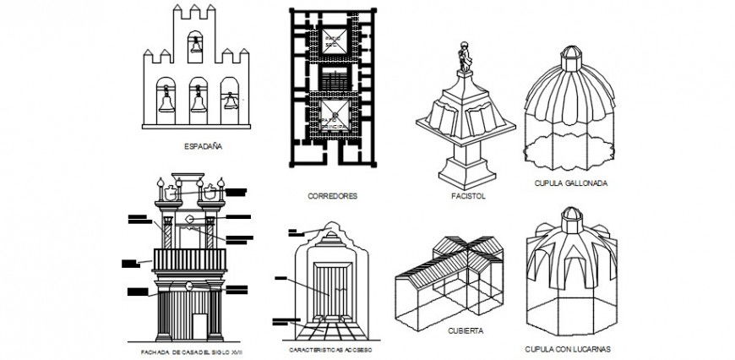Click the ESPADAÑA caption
coord(203,146)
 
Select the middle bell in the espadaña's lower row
coord(199,101)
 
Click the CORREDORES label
coord(333,195)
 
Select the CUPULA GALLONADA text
coord(571,183)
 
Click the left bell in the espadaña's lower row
coord(165,101)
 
